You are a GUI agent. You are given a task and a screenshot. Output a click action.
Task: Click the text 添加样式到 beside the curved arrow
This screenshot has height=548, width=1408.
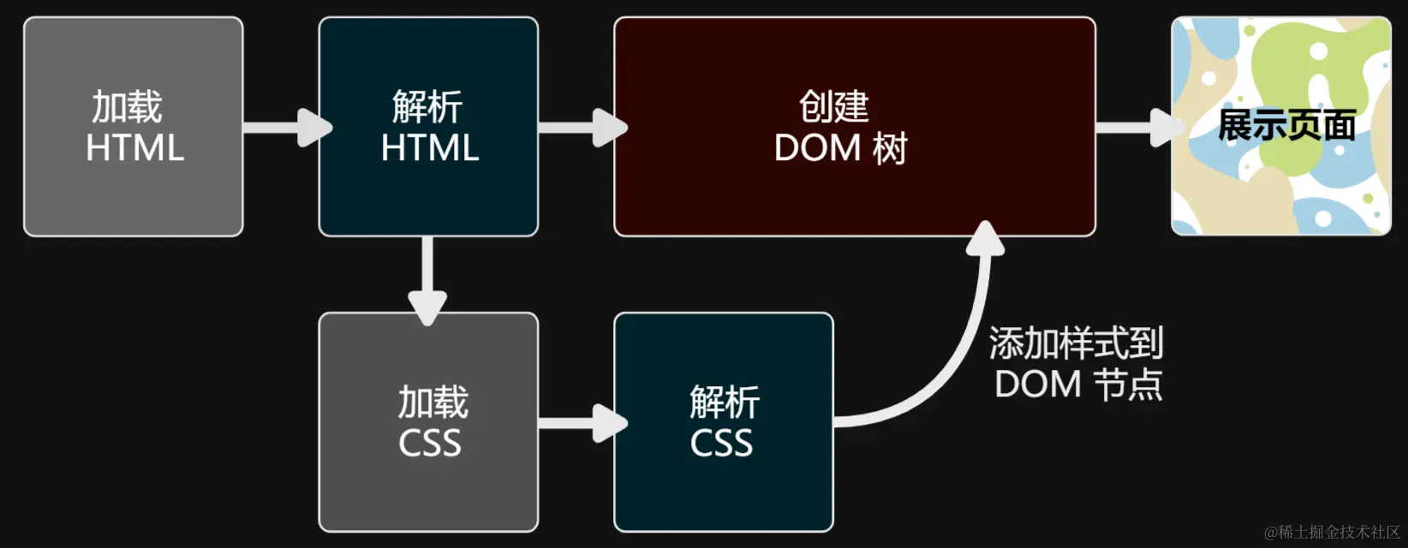tap(1076, 344)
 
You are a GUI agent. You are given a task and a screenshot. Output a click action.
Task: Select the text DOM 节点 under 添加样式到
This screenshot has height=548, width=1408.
tap(1077, 384)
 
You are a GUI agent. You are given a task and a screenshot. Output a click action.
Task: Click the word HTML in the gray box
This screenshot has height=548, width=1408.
tap(134, 148)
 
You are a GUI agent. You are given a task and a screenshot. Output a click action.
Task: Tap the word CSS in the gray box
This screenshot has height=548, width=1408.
tap(429, 444)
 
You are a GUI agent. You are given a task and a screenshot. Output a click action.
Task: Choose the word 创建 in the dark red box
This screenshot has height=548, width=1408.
tap(833, 108)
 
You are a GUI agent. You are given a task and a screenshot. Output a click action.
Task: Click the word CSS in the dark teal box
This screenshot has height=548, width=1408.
tap(721, 444)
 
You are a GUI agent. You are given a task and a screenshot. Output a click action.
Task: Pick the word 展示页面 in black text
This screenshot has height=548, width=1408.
tap(1286, 126)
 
